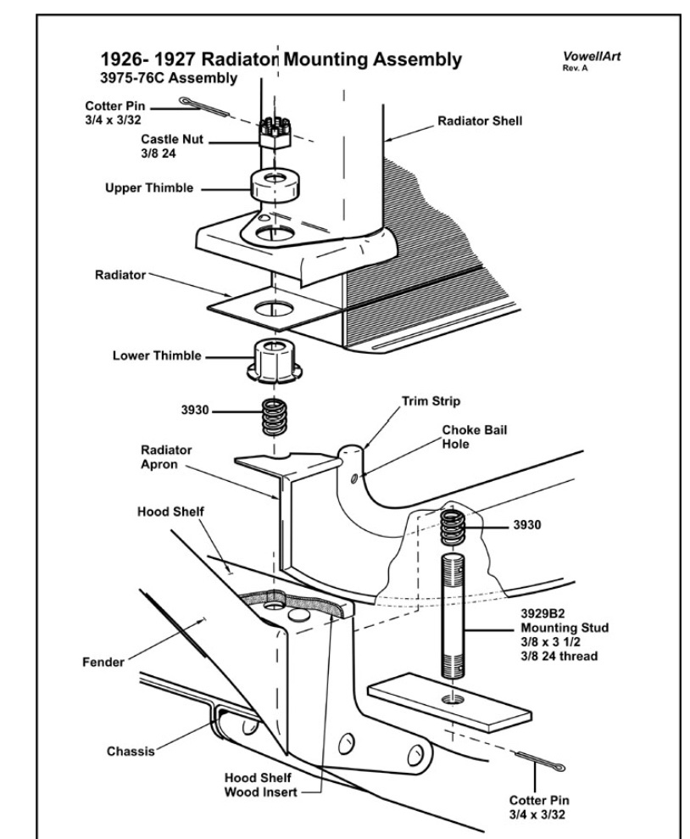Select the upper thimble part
tap(269, 185)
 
